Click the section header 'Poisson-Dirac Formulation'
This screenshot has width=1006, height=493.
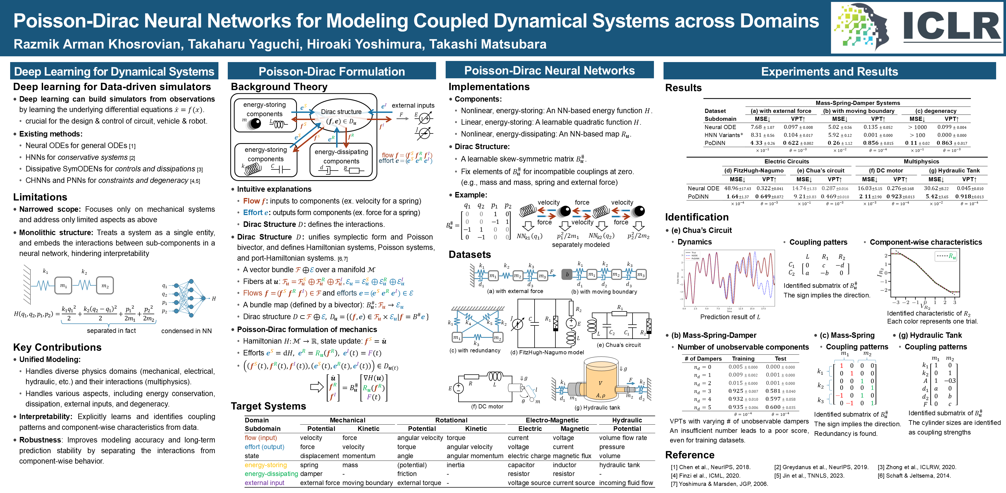pos(331,71)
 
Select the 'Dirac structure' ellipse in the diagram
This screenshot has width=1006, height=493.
pos(341,116)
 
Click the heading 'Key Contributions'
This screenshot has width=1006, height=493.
pos(57,347)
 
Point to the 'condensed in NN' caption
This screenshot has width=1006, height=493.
pos(186,331)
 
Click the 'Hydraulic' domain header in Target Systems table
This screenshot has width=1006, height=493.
pos(627,420)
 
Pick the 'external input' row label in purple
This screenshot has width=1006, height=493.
pos(264,483)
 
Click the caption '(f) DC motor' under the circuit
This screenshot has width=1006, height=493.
pos(487,406)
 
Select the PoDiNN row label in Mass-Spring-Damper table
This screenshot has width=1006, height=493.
pos(715,143)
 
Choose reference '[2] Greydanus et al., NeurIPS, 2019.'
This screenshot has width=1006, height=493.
pos(821,467)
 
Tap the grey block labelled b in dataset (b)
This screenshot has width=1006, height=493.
pos(567,274)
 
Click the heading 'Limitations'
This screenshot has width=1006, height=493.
pos(40,197)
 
